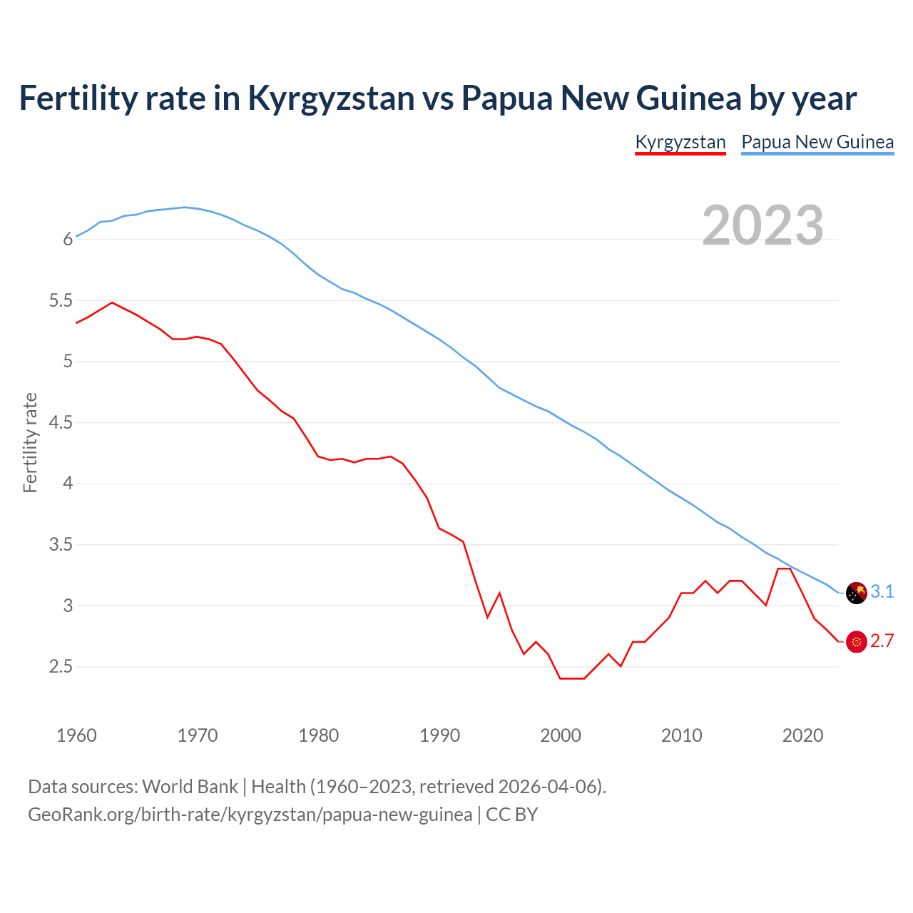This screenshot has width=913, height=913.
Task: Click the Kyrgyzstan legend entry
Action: click(x=680, y=142)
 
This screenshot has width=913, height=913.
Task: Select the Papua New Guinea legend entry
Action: click(x=817, y=142)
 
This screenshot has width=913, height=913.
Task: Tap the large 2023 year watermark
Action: click(x=762, y=225)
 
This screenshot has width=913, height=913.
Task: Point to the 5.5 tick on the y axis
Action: click(x=61, y=301)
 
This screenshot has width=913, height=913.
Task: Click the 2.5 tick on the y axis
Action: click(x=61, y=667)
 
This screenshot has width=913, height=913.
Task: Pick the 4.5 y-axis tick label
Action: click(x=61, y=423)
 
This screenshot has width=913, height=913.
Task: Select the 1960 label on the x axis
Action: click(x=76, y=735)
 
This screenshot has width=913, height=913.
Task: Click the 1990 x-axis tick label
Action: click(x=439, y=735)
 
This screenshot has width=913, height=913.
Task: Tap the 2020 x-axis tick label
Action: click(x=802, y=735)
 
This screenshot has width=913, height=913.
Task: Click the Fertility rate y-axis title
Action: click(x=30, y=442)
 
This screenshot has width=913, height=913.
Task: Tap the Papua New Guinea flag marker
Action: click(x=856, y=593)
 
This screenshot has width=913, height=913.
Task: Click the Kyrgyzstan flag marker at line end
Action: click(x=856, y=642)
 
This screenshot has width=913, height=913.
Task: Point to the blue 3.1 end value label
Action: click(x=882, y=592)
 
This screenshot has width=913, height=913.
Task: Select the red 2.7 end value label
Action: click(x=882, y=641)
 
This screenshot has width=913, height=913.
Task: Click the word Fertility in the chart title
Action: click(x=76, y=98)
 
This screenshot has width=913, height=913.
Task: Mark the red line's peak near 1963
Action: click(x=112, y=302)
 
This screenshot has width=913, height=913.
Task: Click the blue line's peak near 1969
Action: click(x=185, y=208)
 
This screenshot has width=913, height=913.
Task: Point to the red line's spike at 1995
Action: click(x=499, y=593)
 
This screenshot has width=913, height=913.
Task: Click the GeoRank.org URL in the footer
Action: click(x=250, y=815)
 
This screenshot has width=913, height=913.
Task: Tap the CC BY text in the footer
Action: click(x=511, y=815)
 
